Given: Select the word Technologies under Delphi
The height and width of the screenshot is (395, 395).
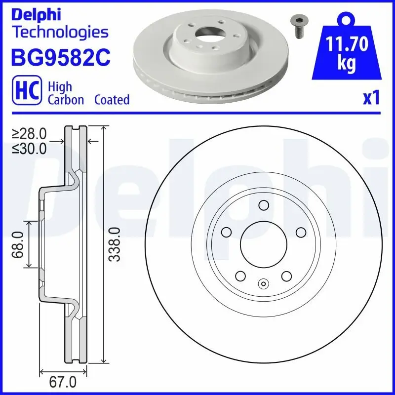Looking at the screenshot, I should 59,33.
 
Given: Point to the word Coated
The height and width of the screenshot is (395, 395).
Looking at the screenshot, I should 112,99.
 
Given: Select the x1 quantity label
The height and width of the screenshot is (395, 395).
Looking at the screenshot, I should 371,98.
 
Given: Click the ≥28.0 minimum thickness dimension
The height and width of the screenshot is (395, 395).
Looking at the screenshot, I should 30,133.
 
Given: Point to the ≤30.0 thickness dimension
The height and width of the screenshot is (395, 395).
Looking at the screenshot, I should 30,148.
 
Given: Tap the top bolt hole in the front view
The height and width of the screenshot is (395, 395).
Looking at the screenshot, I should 263,206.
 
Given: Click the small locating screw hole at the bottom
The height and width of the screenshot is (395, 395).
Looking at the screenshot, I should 263,283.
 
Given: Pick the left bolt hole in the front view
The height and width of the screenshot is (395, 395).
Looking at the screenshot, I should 227,232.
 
